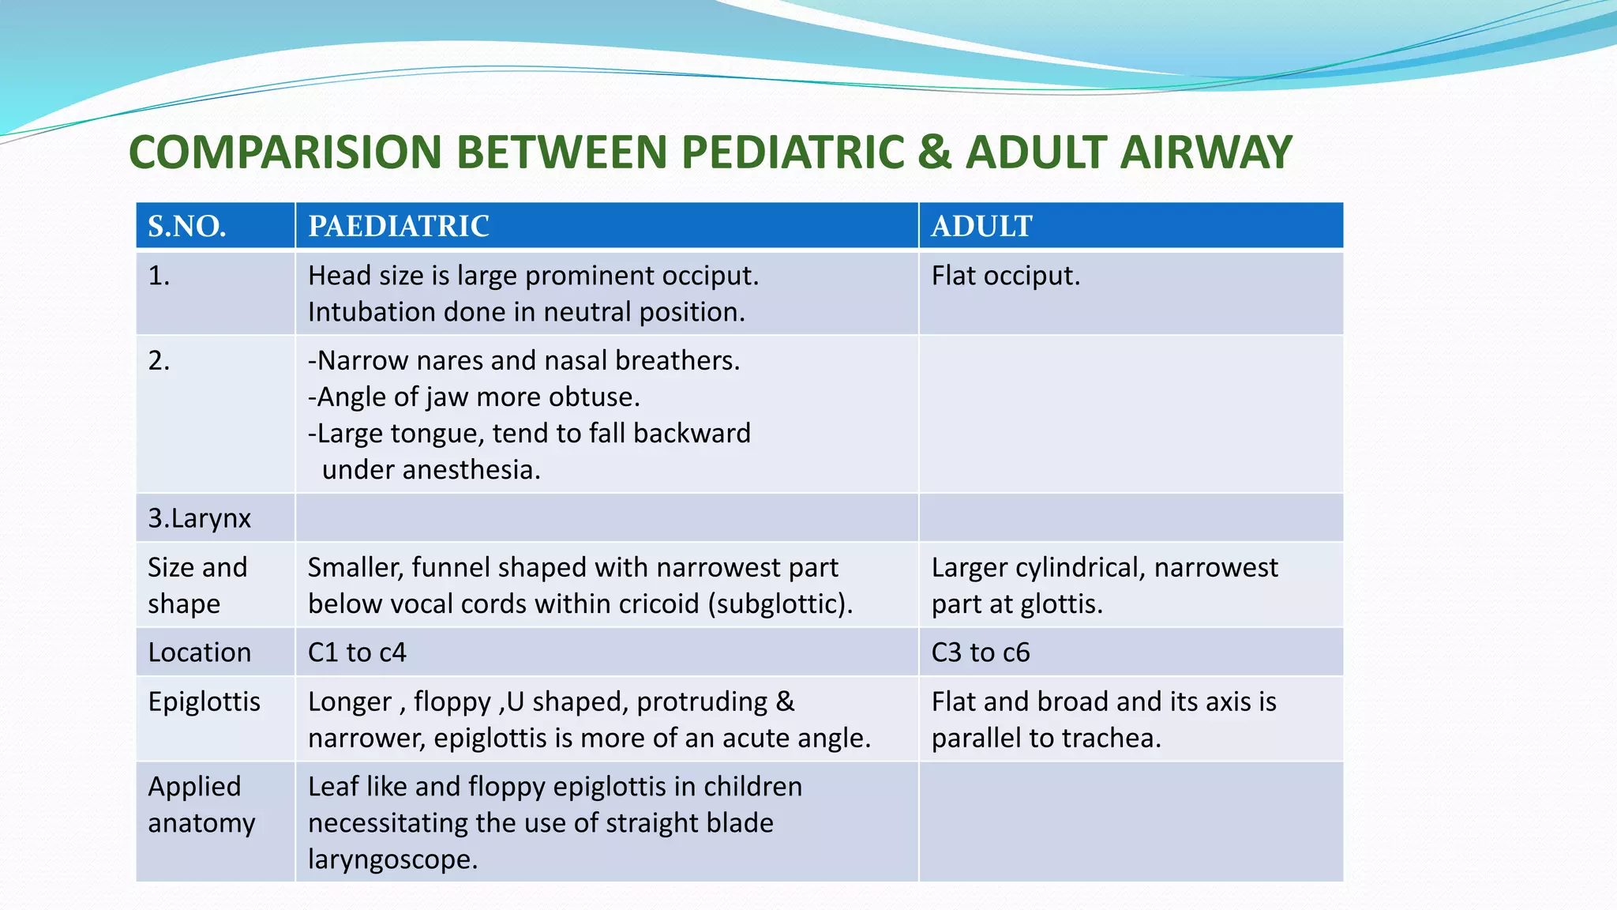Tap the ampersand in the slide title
click(x=935, y=152)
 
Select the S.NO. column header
click(x=187, y=227)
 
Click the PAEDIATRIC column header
click(x=399, y=227)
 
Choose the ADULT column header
click(x=981, y=227)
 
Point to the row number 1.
click(x=159, y=276)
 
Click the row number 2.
click(x=159, y=360)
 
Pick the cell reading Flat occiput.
click(x=1005, y=276)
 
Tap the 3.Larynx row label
click(x=199, y=518)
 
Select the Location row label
click(x=199, y=652)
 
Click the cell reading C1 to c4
click(x=357, y=652)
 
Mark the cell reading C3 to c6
click(x=981, y=652)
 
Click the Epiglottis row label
click(x=204, y=701)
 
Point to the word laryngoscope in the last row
click(x=392, y=859)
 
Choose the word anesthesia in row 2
click(x=471, y=470)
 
